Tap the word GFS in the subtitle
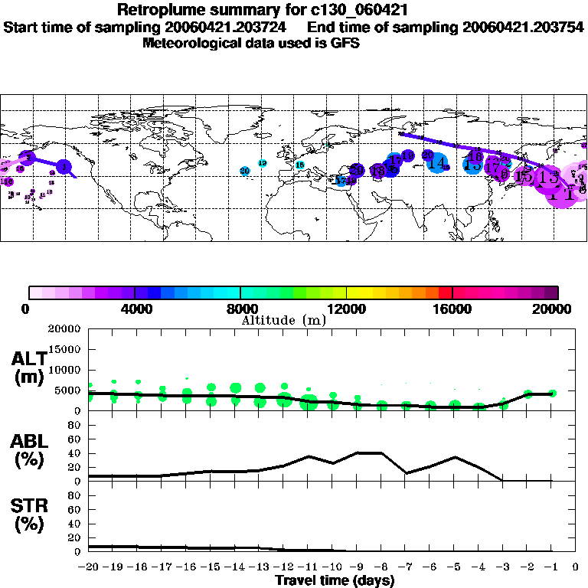(x=344, y=43)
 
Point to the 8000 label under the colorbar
(x=241, y=309)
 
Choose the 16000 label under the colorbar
(x=452, y=309)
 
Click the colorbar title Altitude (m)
(x=283, y=320)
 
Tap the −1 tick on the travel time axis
(x=551, y=567)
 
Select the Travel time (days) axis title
(x=335, y=581)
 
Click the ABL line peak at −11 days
(x=309, y=456)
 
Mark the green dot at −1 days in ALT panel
(x=552, y=393)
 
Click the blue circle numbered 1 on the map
(x=65, y=165)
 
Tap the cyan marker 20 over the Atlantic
(x=245, y=171)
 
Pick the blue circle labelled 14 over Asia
(x=438, y=162)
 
